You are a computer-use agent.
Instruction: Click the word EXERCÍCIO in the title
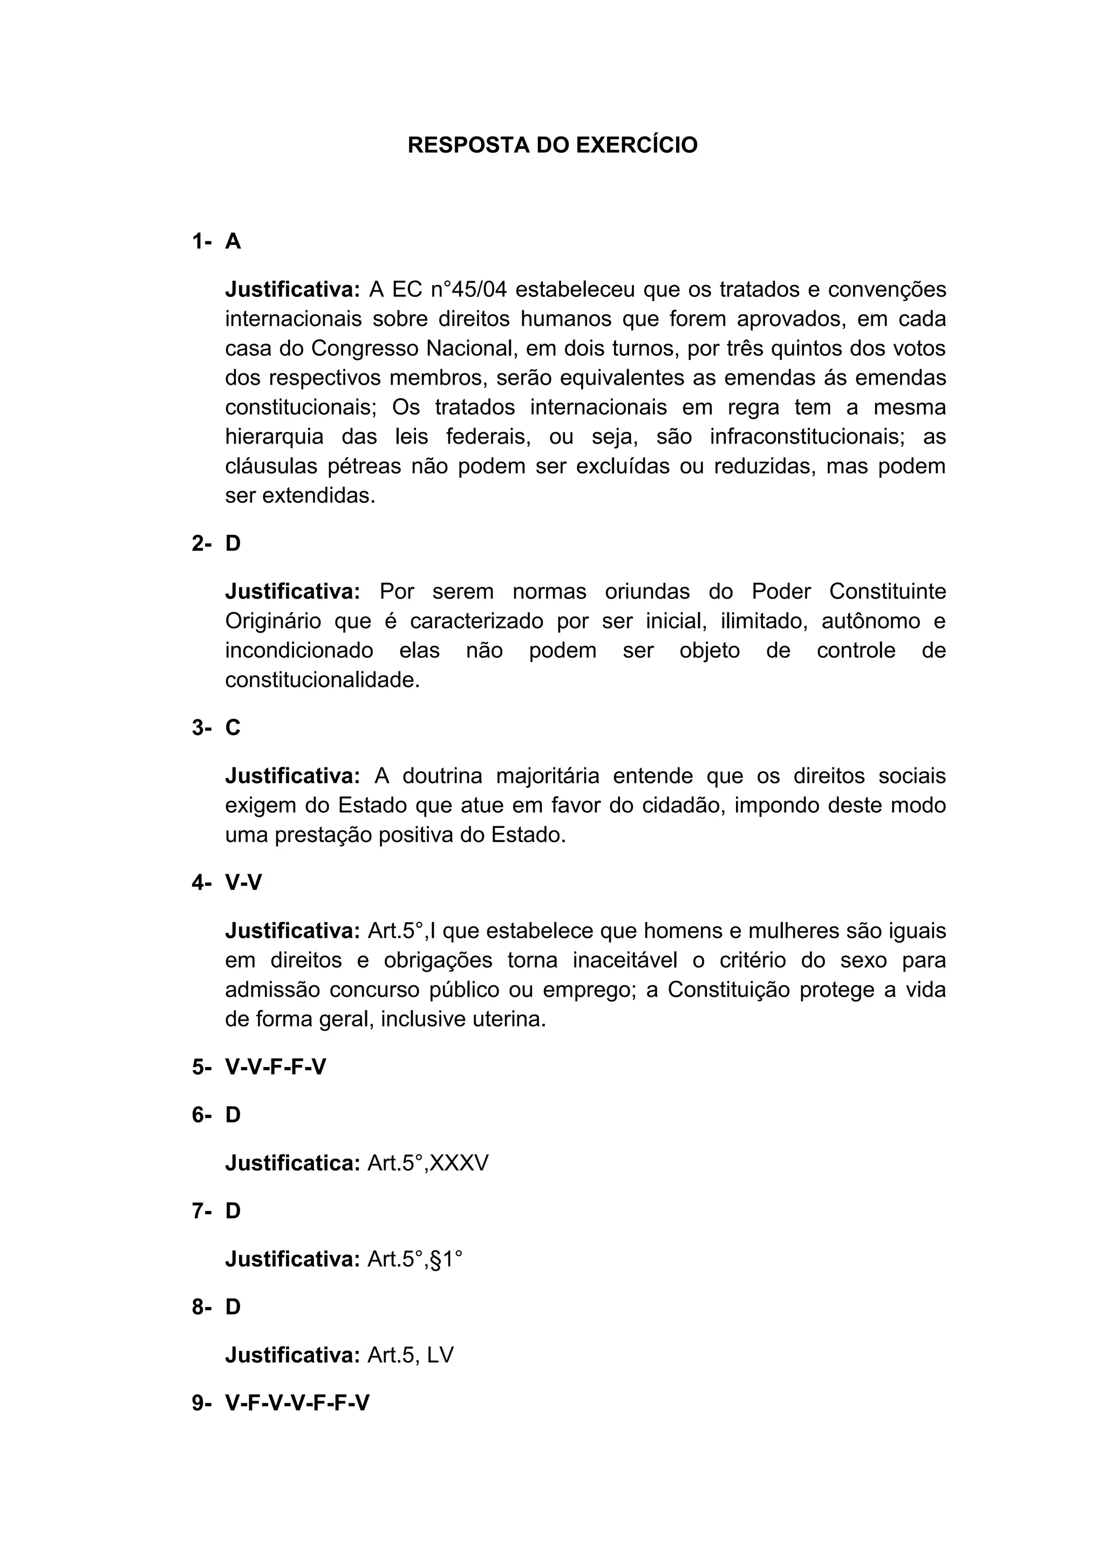click(637, 145)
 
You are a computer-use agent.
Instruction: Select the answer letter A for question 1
click(233, 241)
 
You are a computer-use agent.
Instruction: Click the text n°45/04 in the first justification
click(469, 289)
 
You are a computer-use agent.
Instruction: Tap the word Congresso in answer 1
click(366, 348)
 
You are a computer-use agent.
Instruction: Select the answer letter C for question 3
click(233, 727)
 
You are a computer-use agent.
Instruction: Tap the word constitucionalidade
click(322, 680)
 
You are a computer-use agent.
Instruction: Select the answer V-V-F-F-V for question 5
click(275, 1067)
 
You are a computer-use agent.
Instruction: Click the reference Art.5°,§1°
click(414, 1259)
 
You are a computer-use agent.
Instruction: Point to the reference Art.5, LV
click(410, 1355)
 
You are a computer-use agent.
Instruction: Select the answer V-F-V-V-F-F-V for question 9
click(297, 1403)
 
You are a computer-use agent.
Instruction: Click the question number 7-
click(202, 1211)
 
